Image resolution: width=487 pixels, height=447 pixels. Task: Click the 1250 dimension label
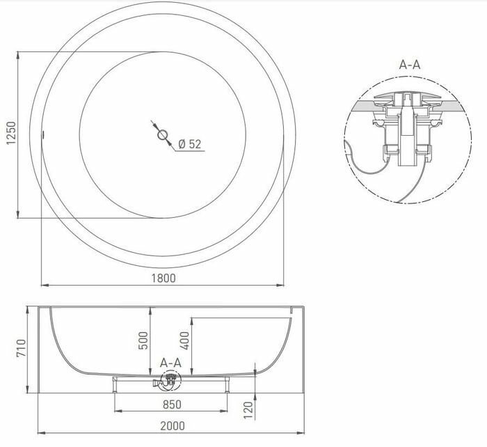click(x=10, y=134)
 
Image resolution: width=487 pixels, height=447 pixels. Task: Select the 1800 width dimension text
click(x=163, y=277)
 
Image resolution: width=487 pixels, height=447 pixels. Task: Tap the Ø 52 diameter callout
click(x=189, y=144)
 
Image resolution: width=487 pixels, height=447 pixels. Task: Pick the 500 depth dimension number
click(x=143, y=340)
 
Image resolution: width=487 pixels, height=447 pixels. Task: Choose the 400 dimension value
click(x=184, y=340)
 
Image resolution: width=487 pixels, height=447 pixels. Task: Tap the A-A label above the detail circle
click(x=409, y=65)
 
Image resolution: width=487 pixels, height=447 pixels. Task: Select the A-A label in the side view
click(x=170, y=363)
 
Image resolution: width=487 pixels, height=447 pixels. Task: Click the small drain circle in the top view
click(x=163, y=134)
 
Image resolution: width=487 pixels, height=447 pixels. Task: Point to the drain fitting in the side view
click(x=169, y=380)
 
